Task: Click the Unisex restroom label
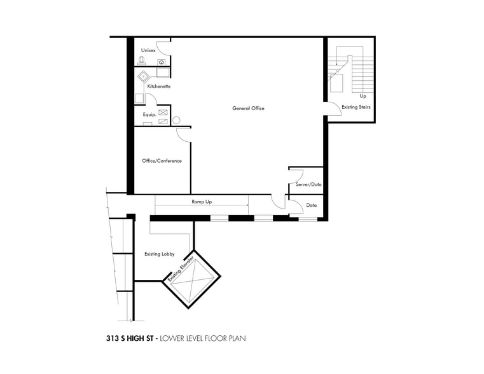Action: [x=148, y=50]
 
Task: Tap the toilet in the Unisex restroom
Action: [x=141, y=61]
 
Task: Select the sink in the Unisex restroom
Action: [x=162, y=62]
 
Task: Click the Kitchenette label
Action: [x=159, y=86]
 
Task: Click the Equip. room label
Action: [x=150, y=114]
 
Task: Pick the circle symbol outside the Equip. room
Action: [x=176, y=120]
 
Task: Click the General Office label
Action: [x=248, y=108]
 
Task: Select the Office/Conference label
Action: [x=162, y=161]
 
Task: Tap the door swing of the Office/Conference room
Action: [x=183, y=134]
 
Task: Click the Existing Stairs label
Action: [x=356, y=107]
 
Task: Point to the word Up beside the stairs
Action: [x=363, y=96]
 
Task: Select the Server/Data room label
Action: [x=308, y=184]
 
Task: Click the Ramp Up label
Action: [x=202, y=201]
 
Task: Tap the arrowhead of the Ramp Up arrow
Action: [x=247, y=205]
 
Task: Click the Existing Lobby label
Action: [x=160, y=254]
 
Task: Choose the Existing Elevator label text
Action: [x=180, y=268]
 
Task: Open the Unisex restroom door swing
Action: [x=163, y=45]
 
